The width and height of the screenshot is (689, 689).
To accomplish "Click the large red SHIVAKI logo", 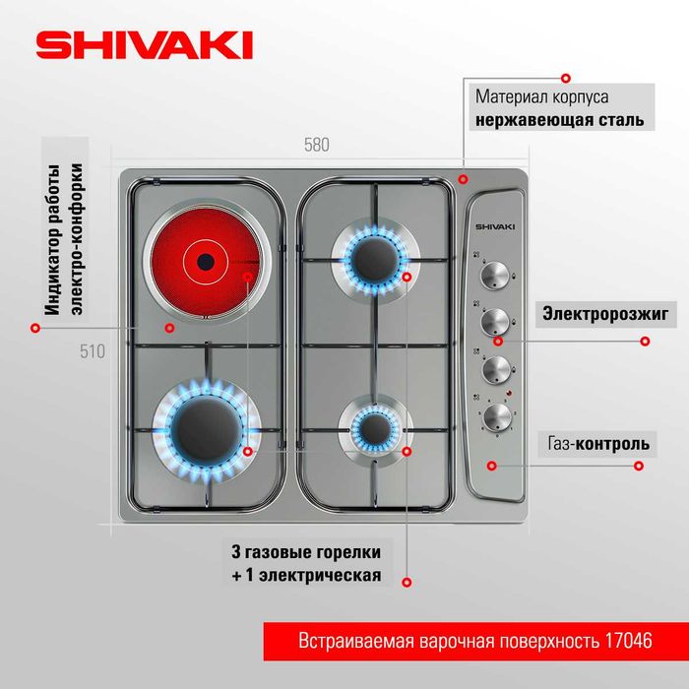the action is pyautogui.click(x=144, y=44).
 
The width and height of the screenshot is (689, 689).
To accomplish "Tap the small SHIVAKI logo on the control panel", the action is pyautogui.click(x=495, y=226).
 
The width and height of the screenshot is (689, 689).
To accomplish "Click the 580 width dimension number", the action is pyautogui.click(x=316, y=145).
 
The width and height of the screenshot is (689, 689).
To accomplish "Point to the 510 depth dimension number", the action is pyautogui.click(x=93, y=351).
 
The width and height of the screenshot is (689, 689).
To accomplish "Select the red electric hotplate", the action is pyautogui.click(x=206, y=263).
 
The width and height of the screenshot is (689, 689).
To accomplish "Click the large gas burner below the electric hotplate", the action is pyautogui.click(x=207, y=429).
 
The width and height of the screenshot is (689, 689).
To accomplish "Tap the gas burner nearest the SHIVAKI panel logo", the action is pyautogui.click(x=375, y=258).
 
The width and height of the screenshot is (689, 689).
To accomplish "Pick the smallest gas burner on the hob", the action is pyautogui.click(x=375, y=428).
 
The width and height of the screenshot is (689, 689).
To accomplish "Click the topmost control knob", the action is pyautogui.click(x=495, y=275).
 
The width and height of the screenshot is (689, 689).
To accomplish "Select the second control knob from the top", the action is pyautogui.click(x=495, y=322).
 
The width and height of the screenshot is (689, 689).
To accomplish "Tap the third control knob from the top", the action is pyautogui.click(x=496, y=369).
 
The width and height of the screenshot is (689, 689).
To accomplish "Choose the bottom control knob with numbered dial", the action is pyautogui.click(x=497, y=416).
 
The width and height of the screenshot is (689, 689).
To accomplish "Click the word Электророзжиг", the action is pyautogui.click(x=605, y=314).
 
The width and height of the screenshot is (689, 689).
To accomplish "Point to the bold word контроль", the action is pyautogui.click(x=612, y=444).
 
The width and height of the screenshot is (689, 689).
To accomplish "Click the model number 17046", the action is pyautogui.click(x=628, y=641).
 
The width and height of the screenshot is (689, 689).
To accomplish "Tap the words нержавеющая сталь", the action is pyautogui.click(x=560, y=119).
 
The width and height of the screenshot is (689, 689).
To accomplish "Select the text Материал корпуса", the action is pyautogui.click(x=541, y=96).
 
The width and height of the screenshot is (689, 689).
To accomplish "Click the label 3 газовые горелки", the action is pyautogui.click(x=306, y=552).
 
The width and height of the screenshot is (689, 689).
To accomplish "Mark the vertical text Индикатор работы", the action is pyautogui.click(x=52, y=240).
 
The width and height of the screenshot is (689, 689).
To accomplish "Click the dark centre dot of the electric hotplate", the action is pyautogui.click(x=206, y=263).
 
